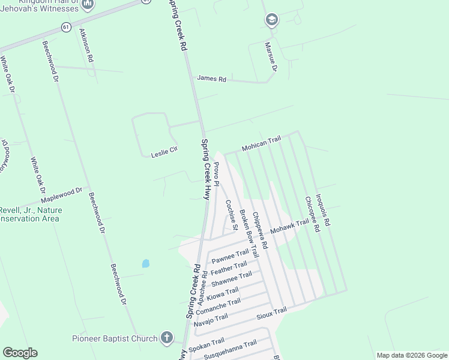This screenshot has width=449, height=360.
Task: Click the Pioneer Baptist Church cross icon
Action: (x=167, y=338)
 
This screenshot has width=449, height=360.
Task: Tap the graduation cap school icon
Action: (x=271, y=20)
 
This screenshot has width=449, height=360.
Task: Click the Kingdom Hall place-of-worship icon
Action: (x=88, y=5)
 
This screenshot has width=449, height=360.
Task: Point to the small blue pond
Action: (x=145, y=263)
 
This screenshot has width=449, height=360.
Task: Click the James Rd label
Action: (x=211, y=79)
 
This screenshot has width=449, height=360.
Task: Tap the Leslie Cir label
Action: (x=164, y=149)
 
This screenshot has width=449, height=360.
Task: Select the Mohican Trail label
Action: (x=261, y=143)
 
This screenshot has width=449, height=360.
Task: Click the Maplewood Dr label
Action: (x=61, y=194)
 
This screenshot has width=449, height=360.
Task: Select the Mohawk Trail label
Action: (x=289, y=226)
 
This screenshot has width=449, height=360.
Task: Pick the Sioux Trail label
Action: (x=272, y=313)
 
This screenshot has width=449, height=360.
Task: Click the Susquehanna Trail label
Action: (x=231, y=345)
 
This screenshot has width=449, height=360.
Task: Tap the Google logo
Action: (x=20, y=353)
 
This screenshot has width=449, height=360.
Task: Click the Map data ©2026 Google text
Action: (x=411, y=355)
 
